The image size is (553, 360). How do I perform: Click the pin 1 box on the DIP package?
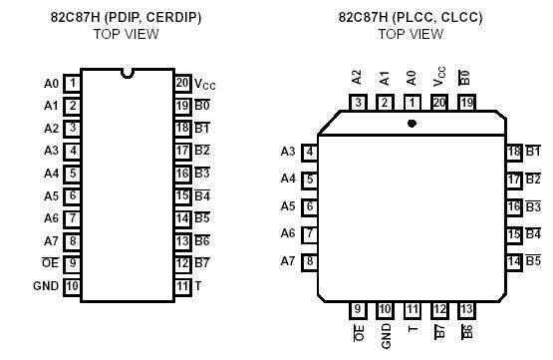point(73,84)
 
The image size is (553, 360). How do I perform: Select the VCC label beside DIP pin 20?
point(204,85)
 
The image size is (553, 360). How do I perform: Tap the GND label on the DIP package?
point(46,286)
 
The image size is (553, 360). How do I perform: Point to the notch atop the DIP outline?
point(128,72)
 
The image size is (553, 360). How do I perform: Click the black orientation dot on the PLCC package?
point(413,124)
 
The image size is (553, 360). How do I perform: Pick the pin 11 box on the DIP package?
point(182,286)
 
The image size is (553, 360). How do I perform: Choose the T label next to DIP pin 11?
point(198,286)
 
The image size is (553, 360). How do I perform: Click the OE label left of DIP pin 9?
point(50,263)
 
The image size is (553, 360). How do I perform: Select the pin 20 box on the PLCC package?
point(438,102)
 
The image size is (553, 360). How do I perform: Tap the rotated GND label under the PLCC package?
point(386,334)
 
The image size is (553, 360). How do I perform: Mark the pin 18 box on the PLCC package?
point(514,152)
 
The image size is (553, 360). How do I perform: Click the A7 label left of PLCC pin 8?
point(288,261)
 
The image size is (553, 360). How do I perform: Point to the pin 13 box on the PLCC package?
point(465,310)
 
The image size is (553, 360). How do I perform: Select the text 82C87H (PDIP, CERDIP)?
point(126,17)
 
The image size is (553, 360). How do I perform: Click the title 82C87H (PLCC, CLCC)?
point(410,17)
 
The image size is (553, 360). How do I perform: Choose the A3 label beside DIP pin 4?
point(51,151)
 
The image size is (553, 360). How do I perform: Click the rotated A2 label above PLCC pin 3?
point(358,76)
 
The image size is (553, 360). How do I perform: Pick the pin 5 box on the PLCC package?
point(310,180)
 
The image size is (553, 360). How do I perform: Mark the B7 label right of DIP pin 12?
point(202,263)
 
